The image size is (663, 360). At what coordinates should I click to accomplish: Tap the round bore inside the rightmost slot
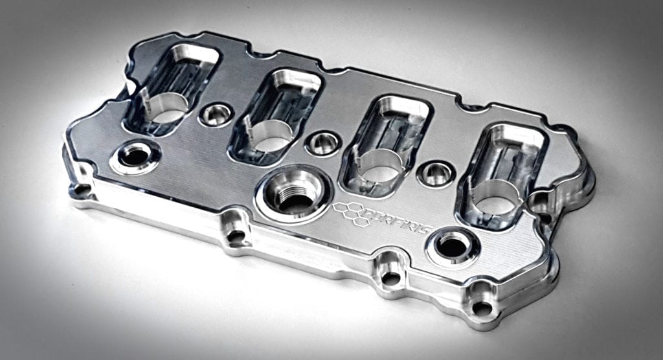(x=496, y=198)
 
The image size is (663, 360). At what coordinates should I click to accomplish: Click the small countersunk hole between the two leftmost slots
(x=216, y=115)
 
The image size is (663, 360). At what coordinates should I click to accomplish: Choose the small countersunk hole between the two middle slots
(x=322, y=142)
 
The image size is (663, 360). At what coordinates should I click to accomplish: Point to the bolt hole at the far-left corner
(x=82, y=190)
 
